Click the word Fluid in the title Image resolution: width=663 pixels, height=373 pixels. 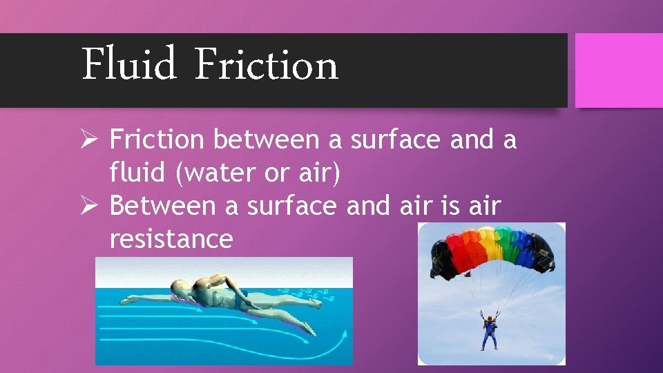pyautogui.click(x=129, y=65)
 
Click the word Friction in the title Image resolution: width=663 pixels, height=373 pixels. pyautogui.click(x=266, y=65)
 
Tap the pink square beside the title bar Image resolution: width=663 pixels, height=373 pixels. pyautogui.click(x=618, y=70)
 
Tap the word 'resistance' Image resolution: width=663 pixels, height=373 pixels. pyautogui.click(x=171, y=239)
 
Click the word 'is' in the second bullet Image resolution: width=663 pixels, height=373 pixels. pyautogui.click(x=438, y=207)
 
